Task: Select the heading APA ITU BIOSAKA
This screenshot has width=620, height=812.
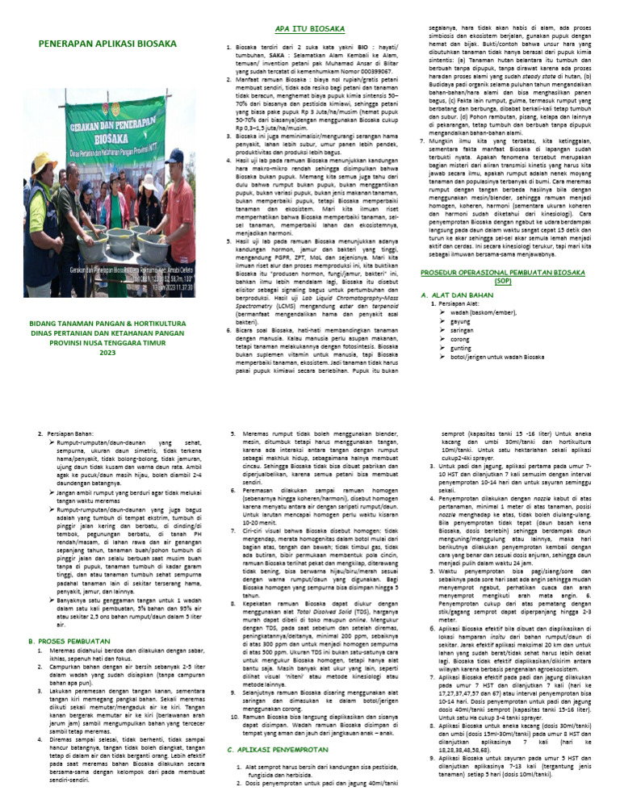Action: click(x=311, y=29)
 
